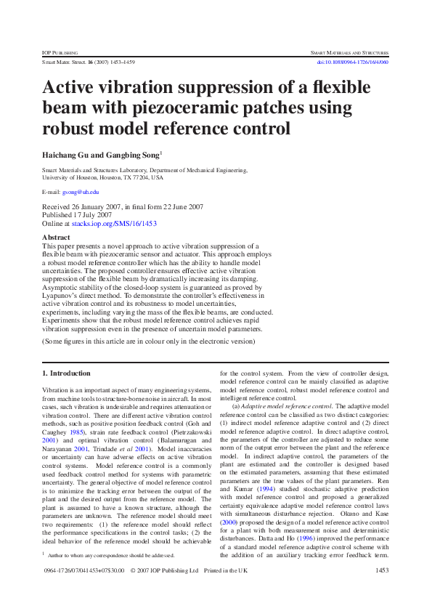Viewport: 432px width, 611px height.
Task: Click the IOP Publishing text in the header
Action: (x=60, y=53)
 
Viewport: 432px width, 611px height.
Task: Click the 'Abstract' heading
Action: (x=57, y=238)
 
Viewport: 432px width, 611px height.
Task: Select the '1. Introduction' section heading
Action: (x=67, y=373)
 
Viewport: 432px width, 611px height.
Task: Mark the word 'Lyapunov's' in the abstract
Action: (x=62, y=287)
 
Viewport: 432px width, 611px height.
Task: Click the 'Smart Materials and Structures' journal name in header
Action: (x=349, y=53)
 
